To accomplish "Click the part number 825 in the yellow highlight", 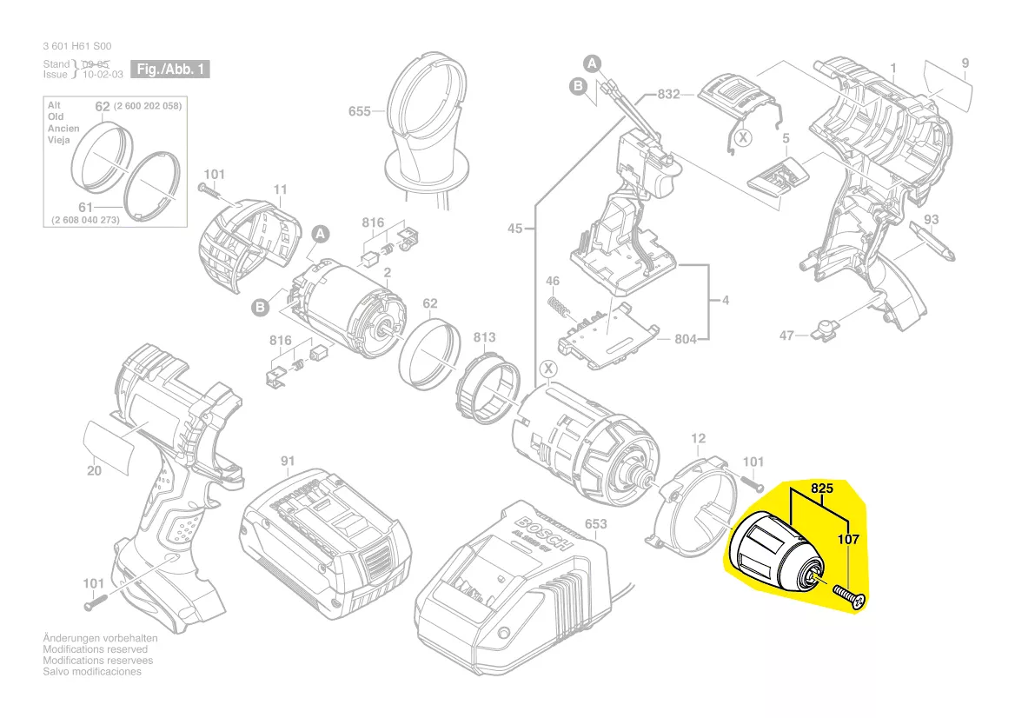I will click(821, 489).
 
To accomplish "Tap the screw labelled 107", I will click(848, 597).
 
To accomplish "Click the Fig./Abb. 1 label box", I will click(169, 69).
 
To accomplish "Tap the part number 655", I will click(360, 111).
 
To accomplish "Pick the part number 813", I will click(484, 337).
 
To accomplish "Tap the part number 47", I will click(786, 335).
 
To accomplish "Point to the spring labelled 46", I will click(561, 306).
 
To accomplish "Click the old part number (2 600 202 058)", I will click(147, 105).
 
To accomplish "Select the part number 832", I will click(668, 94).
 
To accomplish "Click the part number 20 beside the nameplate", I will click(95, 471).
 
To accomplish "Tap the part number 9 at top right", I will click(965, 62).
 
